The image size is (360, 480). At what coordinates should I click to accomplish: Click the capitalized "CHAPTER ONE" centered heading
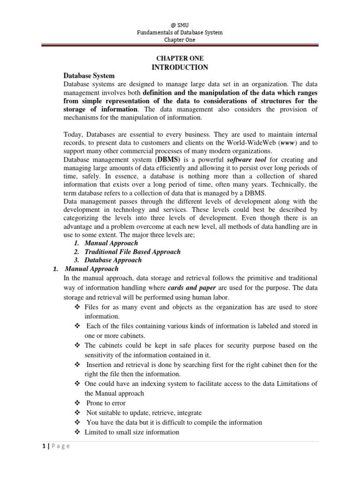[180, 58]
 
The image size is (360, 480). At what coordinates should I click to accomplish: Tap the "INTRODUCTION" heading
[180, 67]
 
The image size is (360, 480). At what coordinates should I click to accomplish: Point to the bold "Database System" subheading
[89, 75]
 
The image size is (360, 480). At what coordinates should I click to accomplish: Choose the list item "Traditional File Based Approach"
[132, 252]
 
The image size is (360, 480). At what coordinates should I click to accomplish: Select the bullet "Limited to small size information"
[132, 432]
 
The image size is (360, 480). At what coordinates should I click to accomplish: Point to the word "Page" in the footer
[59, 446]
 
